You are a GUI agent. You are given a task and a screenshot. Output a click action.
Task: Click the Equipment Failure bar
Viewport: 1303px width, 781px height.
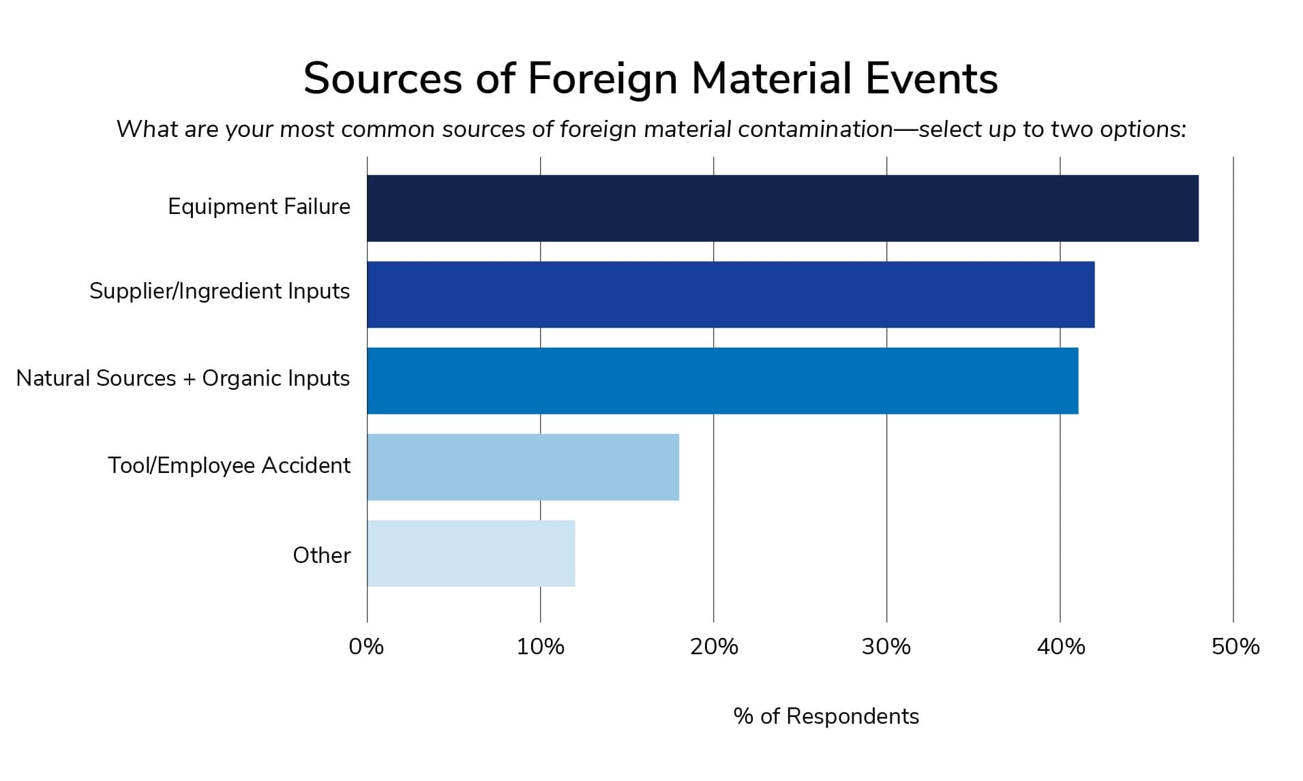[782, 208]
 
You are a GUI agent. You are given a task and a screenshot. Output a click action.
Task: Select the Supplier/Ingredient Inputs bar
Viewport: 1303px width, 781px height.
[730, 294]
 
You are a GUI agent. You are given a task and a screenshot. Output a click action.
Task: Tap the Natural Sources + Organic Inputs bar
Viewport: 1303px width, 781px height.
[722, 380]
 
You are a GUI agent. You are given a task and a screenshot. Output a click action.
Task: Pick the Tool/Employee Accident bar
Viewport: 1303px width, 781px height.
[522, 467]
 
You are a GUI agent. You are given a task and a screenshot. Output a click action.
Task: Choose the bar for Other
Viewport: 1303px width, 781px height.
[470, 553]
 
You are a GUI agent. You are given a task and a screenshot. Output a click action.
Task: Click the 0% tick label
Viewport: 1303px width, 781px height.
[366, 647]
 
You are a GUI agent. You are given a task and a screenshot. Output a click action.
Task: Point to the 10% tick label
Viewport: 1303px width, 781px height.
[540, 647]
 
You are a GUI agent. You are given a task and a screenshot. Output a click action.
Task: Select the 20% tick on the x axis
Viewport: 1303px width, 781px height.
[714, 647]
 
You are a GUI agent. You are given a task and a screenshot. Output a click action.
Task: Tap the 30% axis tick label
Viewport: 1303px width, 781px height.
[886, 647]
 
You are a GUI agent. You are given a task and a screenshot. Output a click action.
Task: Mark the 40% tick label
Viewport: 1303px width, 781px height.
[1060, 647]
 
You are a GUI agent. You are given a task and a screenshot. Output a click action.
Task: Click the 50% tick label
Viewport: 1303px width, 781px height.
[1235, 647]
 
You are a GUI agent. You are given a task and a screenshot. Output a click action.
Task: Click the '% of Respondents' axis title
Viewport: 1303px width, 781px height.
[826, 716]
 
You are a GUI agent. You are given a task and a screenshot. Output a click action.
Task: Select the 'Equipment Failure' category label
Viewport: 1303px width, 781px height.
[259, 206]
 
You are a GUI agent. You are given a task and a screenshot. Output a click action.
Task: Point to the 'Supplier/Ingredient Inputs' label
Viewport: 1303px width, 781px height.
[220, 291]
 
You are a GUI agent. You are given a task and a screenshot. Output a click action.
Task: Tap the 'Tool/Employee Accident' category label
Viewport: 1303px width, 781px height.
[229, 465]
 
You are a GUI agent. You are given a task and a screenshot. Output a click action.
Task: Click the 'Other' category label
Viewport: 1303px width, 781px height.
[321, 555]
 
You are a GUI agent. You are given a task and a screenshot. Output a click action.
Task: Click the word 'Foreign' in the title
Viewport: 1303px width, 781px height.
[602, 79]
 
